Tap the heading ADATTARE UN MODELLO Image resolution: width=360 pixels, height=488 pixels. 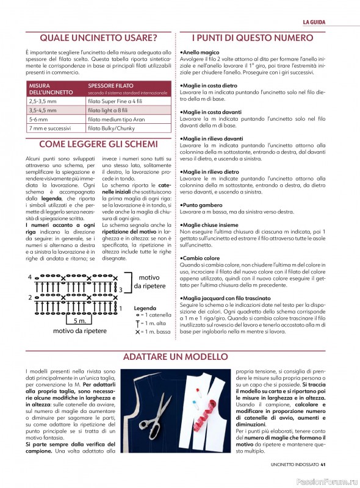(180, 356)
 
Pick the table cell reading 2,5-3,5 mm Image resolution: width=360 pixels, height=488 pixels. (41, 101)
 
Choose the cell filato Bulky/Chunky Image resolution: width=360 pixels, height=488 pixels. (110, 129)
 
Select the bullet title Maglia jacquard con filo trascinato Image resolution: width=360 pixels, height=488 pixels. (227, 298)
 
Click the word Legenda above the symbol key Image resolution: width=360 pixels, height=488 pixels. (145, 309)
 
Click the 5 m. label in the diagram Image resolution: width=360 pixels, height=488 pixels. (79, 320)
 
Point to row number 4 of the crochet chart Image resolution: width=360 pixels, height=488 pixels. (29, 278)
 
